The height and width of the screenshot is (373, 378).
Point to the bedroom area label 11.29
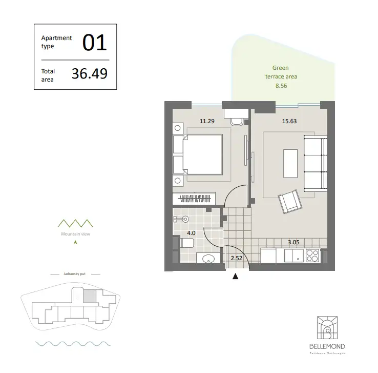click(x=206, y=122)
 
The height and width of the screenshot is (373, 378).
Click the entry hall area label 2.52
click(x=236, y=258)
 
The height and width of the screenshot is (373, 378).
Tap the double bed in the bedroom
click(x=202, y=154)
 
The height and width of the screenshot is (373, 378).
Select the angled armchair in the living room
click(x=289, y=201)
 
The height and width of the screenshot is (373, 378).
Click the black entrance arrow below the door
click(x=236, y=277)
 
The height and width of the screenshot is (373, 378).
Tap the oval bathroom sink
click(x=208, y=260)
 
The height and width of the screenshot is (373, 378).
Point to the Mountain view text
click(x=75, y=232)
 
